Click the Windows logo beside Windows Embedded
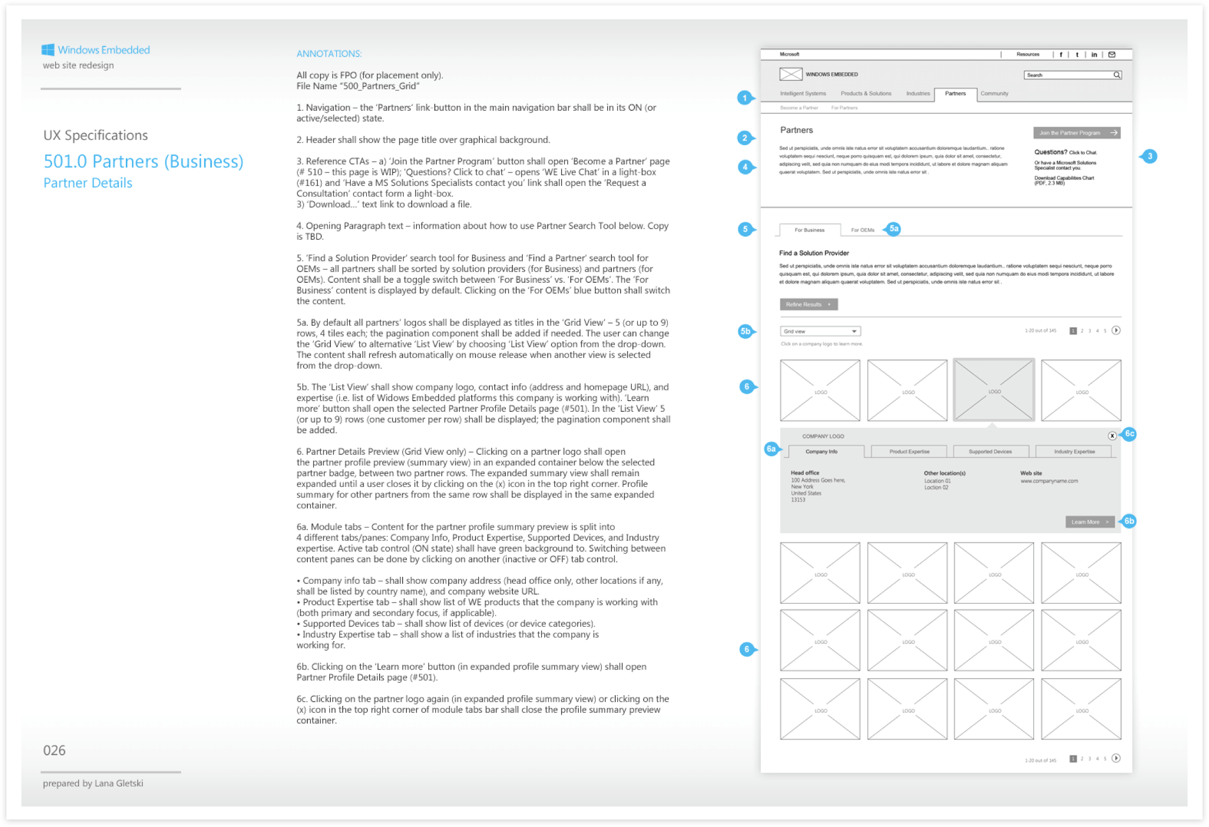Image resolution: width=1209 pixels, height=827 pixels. pyautogui.click(x=48, y=50)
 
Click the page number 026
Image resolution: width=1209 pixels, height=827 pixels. pyautogui.click(x=54, y=750)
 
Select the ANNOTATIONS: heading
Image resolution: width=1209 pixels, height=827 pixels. pyautogui.click(x=329, y=54)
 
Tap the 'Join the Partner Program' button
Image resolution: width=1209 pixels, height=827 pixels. pyautogui.click(x=1076, y=133)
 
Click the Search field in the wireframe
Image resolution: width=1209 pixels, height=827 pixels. pyautogui.click(x=1068, y=75)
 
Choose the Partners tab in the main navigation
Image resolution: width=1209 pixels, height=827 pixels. pyautogui.click(x=955, y=94)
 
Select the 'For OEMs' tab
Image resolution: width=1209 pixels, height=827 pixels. pyautogui.click(x=862, y=230)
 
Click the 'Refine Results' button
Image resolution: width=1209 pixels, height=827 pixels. pyautogui.click(x=808, y=304)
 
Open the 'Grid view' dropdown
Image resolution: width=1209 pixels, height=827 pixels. pyautogui.click(x=820, y=332)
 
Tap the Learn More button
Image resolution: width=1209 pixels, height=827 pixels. pyautogui.click(x=1089, y=522)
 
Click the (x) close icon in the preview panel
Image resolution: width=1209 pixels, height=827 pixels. pyautogui.click(x=1112, y=436)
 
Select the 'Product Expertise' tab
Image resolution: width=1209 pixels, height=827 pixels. pyautogui.click(x=909, y=452)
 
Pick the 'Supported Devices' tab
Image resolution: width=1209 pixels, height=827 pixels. pyautogui.click(x=990, y=452)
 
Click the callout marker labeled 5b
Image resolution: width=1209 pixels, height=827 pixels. pyautogui.click(x=745, y=332)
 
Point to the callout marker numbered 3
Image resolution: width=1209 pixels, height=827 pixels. pyautogui.click(x=1150, y=156)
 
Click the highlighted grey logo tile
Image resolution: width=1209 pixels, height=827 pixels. pyautogui.click(x=994, y=390)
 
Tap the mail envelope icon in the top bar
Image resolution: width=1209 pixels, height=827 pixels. pyautogui.click(x=1112, y=54)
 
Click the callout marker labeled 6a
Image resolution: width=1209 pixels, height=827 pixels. pyautogui.click(x=771, y=449)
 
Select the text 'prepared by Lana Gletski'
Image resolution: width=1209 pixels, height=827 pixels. pyautogui.click(x=93, y=783)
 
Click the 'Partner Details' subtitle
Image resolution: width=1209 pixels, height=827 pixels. pyautogui.click(x=88, y=183)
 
